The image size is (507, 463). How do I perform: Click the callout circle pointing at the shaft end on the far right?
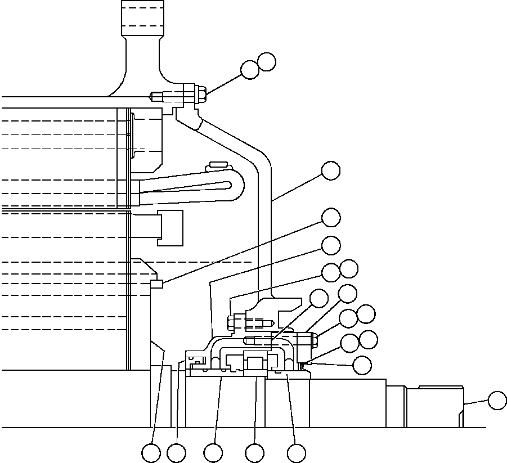tap(497, 401)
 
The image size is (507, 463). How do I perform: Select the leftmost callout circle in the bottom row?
tap(151, 453)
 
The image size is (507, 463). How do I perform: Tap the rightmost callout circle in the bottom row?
tap(297, 453)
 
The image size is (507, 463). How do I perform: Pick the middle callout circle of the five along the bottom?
tap(213, 453)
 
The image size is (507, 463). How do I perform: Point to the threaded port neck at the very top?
tap(143, 17)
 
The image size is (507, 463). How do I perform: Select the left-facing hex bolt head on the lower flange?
tap(230, 323)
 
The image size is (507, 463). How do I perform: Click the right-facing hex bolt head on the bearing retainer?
tap(314, 339)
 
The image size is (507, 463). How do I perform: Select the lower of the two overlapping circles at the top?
tap(250, 70)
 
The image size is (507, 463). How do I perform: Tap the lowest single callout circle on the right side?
tap(362, 365)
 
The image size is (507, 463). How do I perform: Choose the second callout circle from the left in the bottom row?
tap(176, 453)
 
